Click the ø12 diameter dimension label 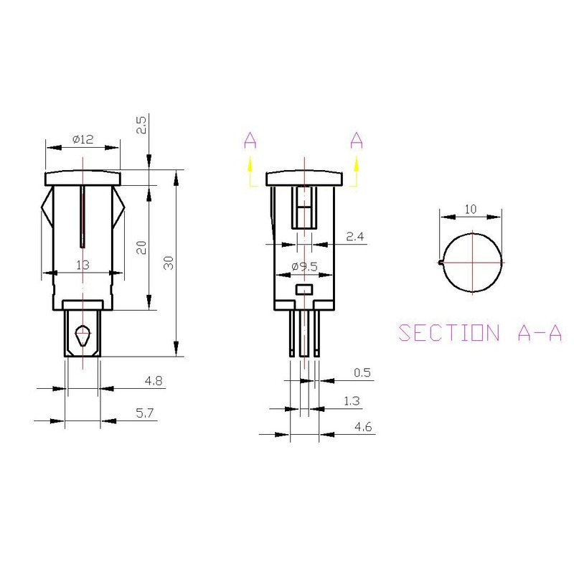coord(83,140)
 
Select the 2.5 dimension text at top coord(142,126)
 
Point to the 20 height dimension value coord(142,248)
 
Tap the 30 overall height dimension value coord(169,262)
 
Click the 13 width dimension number coord(82,265)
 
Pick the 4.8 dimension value coord(152,381)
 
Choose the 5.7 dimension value coord(152,414)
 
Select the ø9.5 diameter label coord(304,267)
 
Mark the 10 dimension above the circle coord(471,209)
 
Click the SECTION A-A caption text coord(479,333)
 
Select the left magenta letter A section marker coord(250,141)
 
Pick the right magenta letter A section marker coord(357,141)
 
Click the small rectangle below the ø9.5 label coord(304,289)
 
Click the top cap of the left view coord(83,177)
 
